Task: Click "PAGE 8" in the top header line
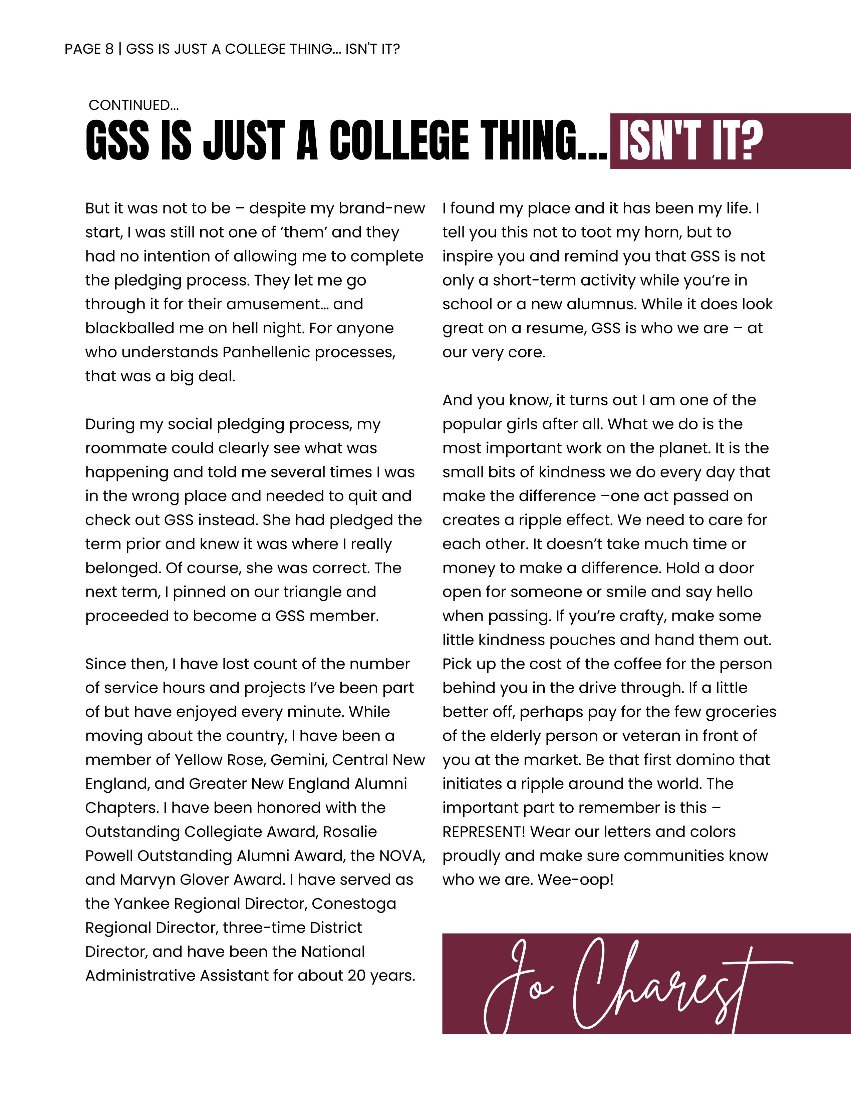(89, 49)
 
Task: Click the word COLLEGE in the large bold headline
(399, 141)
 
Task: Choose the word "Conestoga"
(354, 904)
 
